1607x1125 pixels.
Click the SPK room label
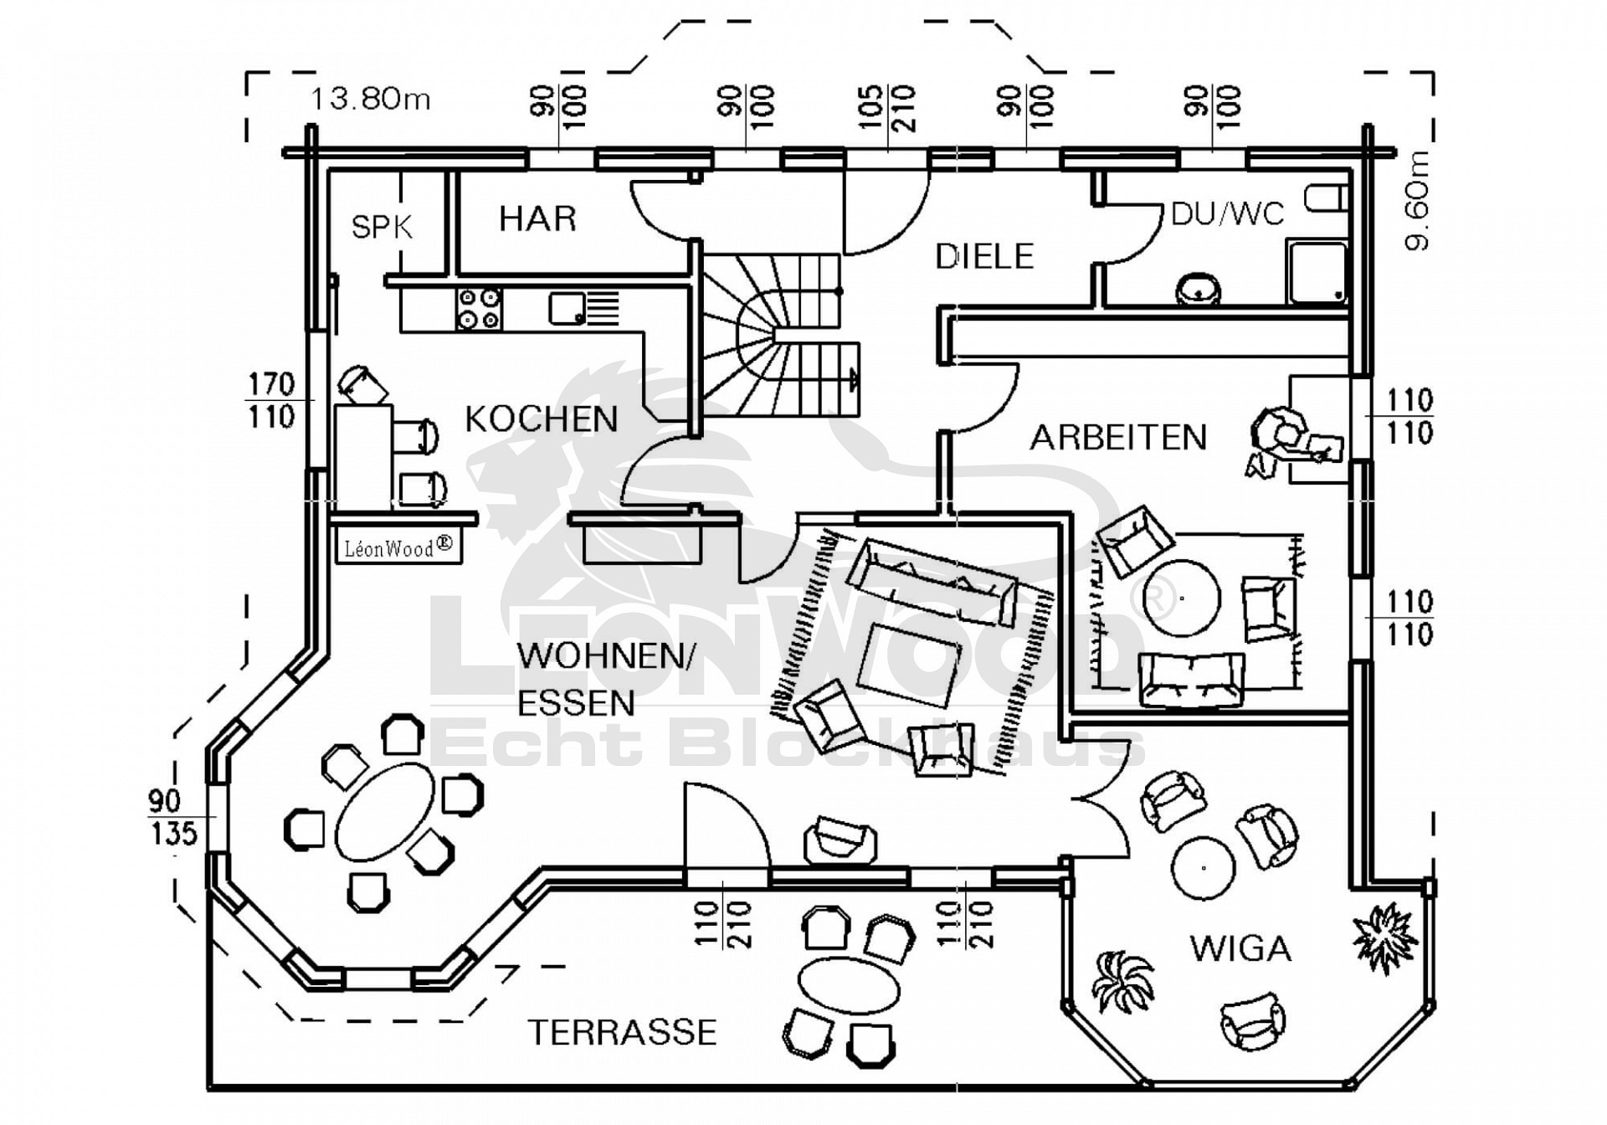(382, 227)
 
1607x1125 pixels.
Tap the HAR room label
(537, 219)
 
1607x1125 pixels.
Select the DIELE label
(984, 257)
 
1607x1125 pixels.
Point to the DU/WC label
(1227, 214)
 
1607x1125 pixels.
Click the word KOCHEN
(542, 419)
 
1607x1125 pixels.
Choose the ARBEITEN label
(1118, 438)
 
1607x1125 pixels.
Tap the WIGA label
(1240, 949)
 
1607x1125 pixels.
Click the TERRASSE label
(623, 1033)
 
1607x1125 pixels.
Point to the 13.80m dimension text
(371, 100)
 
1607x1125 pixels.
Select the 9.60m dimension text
(1418, 201)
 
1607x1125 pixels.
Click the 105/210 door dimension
(888, 109)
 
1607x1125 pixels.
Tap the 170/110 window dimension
(271, 401)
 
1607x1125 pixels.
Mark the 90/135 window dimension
(173, 818)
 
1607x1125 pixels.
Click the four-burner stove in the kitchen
(480, 308)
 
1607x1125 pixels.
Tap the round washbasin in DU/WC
(1198, 290)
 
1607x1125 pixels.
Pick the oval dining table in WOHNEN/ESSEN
(386, 810)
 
